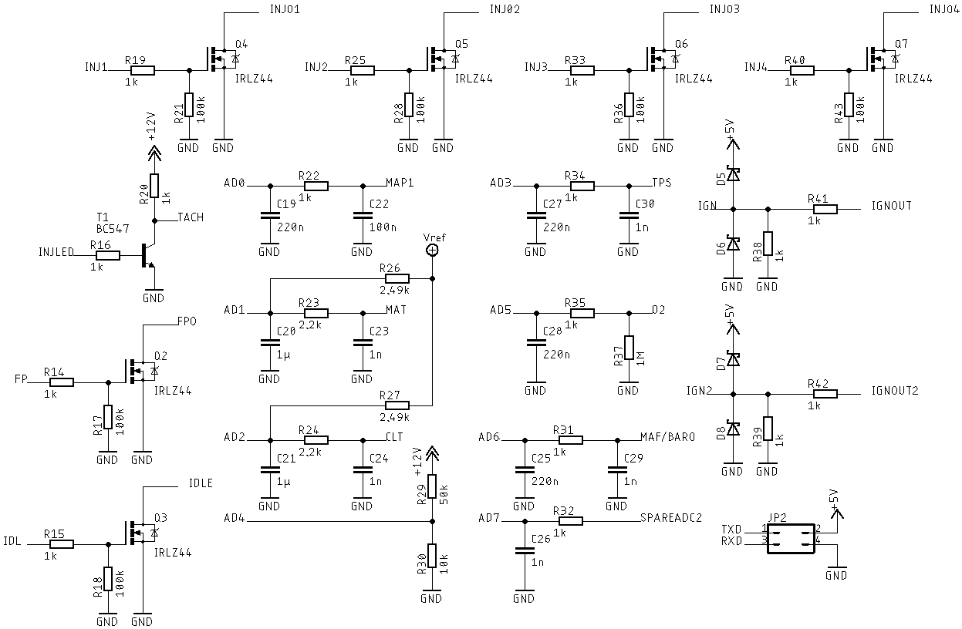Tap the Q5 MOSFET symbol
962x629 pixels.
coord(440,59)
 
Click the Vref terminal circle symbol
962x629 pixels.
coord(432,251)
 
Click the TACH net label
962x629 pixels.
coord(191,217)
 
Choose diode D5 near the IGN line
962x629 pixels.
coord(732,175)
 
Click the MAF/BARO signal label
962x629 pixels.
coord(667,436)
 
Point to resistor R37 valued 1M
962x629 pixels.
coord(629,348)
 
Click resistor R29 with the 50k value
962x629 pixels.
coord(432,487)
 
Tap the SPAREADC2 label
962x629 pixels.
coord(671,518)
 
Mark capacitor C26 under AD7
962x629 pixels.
coord(524,550)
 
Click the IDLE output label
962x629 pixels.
coord(201,483)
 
